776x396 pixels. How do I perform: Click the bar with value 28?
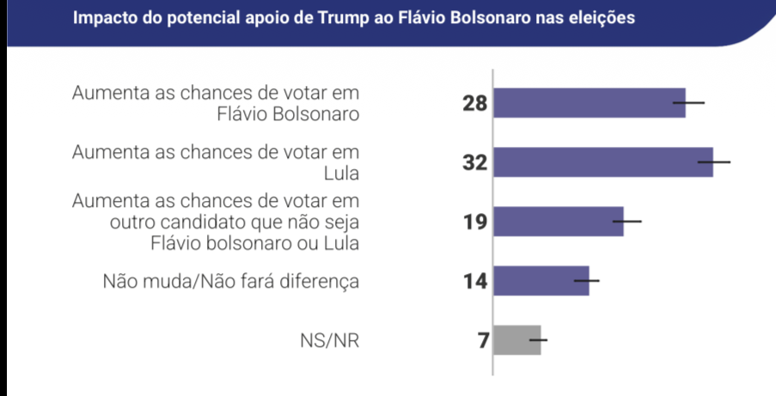[590, 103]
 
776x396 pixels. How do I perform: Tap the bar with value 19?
[559, 222]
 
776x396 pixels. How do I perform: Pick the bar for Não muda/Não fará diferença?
[541, 281]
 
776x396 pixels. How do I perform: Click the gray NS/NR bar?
[517, 340]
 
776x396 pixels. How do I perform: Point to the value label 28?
[474, 104]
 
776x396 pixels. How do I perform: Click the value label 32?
[474, 163]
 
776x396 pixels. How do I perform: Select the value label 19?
[474, 222]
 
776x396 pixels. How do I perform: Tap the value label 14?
[474, 282]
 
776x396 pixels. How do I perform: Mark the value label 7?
[483, 341]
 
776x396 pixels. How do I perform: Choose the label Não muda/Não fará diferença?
[229, 281]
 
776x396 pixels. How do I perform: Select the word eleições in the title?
[601, 18]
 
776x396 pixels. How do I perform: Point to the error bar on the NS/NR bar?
[539, 340]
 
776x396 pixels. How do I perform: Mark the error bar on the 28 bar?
[688, 103]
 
